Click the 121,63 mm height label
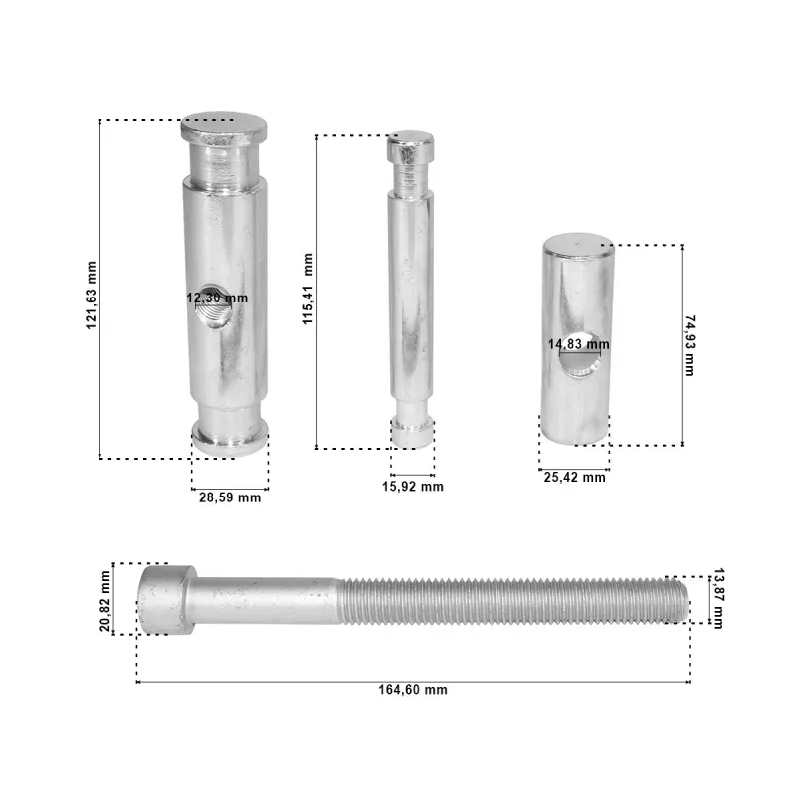91,295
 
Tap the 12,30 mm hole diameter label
217,298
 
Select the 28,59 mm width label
230,497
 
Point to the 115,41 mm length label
308,289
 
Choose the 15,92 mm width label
413,487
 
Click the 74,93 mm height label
690,345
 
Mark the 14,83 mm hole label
579,344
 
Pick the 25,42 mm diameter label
575,478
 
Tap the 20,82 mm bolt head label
105,601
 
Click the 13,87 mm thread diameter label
718,599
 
